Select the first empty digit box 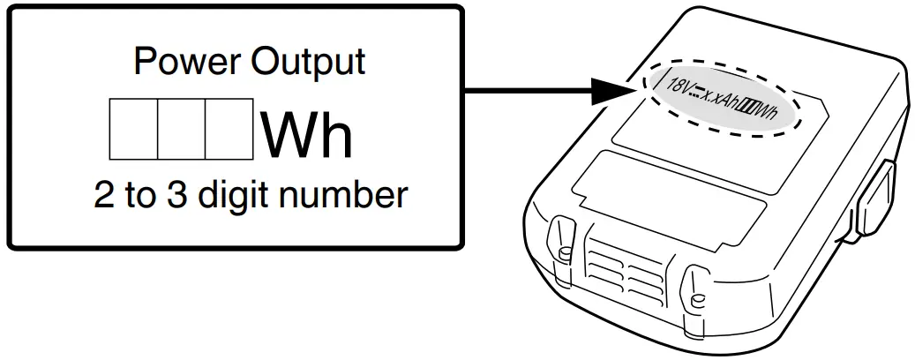pyautogui.click(x=132, y=129)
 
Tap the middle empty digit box pyautogui.click(x=181, y=129)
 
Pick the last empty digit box pyautogui.click(x=229, y=129)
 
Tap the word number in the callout pyautogui.click(x=348, y=194)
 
